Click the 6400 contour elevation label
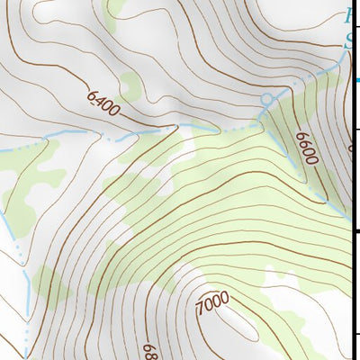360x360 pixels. click(103, 102)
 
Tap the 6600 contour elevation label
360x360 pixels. click(306, 148)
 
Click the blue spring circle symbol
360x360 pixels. click(265, 97)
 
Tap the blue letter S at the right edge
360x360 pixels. click(350, 40)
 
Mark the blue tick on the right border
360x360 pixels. click(356, 81)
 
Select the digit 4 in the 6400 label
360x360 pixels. click(100, 99)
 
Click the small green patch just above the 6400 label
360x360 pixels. click(130, 85)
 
